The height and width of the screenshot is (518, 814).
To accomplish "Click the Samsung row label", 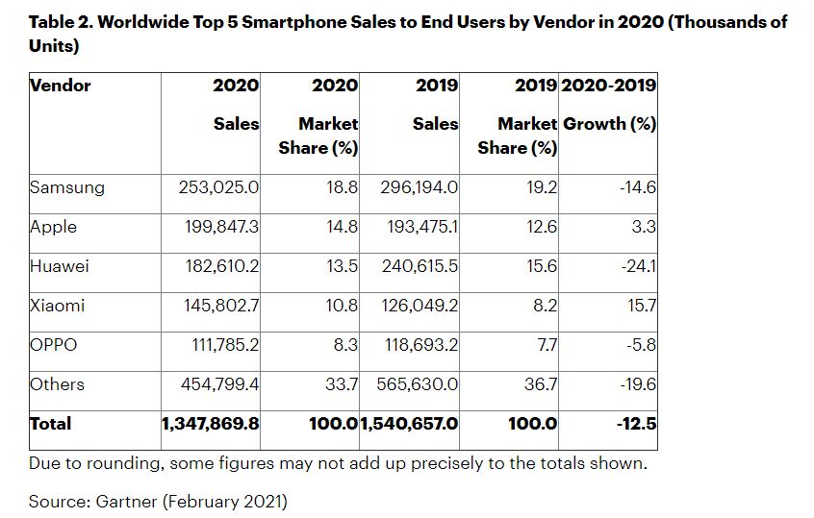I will point(66,187).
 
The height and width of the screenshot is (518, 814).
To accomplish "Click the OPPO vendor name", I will point(53,345).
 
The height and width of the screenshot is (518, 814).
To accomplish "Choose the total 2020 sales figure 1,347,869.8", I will point(211,424).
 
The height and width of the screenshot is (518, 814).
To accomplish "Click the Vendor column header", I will point(61,86).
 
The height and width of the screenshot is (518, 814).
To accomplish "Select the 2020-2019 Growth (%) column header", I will point(608,105).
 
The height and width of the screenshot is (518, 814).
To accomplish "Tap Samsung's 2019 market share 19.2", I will point(541,187).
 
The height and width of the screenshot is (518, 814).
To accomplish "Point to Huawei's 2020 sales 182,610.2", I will point(222,266).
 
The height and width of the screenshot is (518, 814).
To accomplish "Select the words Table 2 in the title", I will point(64,21).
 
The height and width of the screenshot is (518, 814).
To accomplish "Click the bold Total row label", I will point(51,424).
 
